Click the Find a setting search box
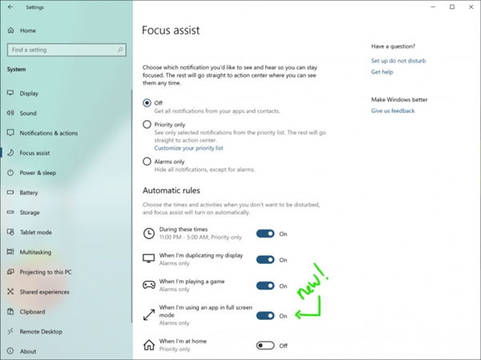pyautogui.click(x=64, y=50)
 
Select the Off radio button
pyautogui.click(x=147, y=103)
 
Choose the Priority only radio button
pyautogui.click(x=147, y=124)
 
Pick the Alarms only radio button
pyautogui.click(x=147, y=161)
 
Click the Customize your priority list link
pyautogui.click(x=188, y=148)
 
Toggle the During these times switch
pyautogui.click(x=265, y=233)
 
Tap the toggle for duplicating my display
pyautogui.click(x=265, y=260)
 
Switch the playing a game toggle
pyautogui.click(x=265, y=285)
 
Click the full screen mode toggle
pyautogui.click(x=265, y=315)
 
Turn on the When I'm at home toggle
pyautogui.click(x=265, y=346)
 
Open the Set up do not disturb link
pyautogui.click(x=398, y=61)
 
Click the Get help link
pyautogui.click(x=382, y=72)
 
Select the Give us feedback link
pyautogui.click(x=393, y=111)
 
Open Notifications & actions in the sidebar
pyautogui.click(x=48, y=133)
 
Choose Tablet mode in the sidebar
pyautogui.click(x=35, y=233)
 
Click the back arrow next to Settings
pyautogui.click(x=10, y=8)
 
